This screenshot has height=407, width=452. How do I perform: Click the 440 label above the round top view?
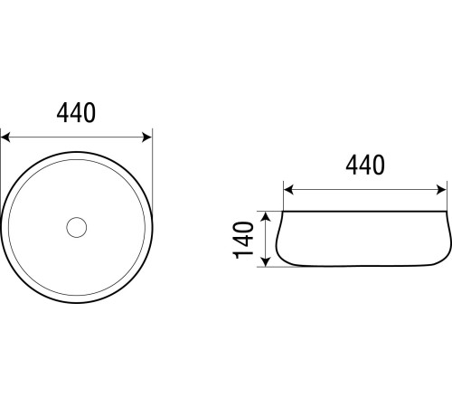tap(76, 112)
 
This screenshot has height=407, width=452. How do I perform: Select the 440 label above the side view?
tap(365, 165)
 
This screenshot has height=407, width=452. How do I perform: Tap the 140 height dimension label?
tap(243, 241)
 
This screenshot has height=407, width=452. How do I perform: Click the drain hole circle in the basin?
tap(77, 227)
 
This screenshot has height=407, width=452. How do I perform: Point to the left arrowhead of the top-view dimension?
tap(5, 137)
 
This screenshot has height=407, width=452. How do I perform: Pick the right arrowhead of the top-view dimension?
tap(146, 137)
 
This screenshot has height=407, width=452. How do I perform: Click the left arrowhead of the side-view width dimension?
tap(288, 190)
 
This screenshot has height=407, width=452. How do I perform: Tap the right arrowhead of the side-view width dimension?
tap(441, 190)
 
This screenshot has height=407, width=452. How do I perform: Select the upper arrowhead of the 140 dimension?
tap(266, 217)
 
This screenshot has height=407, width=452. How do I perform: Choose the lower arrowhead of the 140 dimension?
tap(266, 261)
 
